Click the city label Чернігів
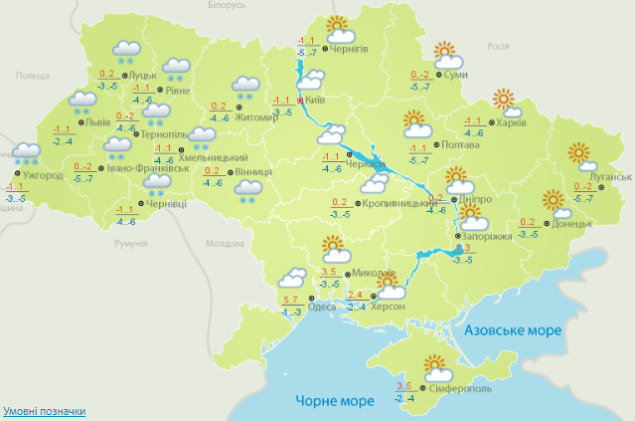pyautogui.click(x=350, y=49)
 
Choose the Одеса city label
pyautogui.click(x=322, y=307)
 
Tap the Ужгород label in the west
pyautogui.click(x=42, y=176)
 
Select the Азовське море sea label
pyautogui.click(x=512, y=329)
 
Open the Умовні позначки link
pyautogui.click(x=44, y=411)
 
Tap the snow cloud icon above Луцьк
pyautogui.click(x=126, y=50)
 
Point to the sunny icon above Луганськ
pyautogui.click(x=578, y=155)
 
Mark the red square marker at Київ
pyautogui.click(x=300, y=101)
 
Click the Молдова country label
pyautogui.click(x=224, y=244)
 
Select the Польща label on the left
pyautogui.click(x=33, y=76)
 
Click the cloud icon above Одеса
pyautogui.click(x=292, y=280)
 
